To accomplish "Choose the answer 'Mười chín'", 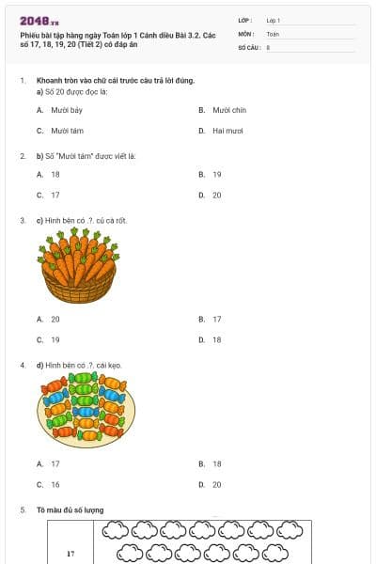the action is click(227, 110).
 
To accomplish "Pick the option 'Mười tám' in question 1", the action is click(66, 131).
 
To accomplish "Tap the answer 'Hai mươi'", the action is click(227, 131).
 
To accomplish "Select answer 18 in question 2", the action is click(55, 174).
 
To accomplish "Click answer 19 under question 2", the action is click(216, 174).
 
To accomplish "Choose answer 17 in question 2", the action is click(55, 195).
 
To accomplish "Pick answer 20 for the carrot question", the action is click(55, 319).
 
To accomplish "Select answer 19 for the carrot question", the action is click(55, 339).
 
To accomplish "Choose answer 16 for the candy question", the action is click(55, 484).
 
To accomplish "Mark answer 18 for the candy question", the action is click(216, 463).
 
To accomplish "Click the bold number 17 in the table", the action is click(70, 554).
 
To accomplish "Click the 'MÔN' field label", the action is click(245, 33).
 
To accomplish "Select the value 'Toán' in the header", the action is click(273, 33).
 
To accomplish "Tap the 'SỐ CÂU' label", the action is click(248, 46).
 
